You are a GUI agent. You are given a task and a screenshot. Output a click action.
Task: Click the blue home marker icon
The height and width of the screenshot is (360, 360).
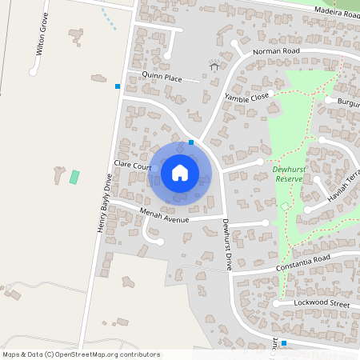tap(180, 172)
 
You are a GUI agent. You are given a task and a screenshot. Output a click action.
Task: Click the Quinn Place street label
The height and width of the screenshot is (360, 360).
tap(162, 78)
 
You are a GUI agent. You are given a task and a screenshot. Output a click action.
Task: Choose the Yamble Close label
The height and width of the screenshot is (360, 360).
tap(246, 97)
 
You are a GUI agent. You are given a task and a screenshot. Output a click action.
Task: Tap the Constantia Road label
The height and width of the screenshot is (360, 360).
tap(302, 259)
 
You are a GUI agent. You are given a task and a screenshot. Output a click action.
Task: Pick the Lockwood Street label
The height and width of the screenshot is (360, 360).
tap(323, 305)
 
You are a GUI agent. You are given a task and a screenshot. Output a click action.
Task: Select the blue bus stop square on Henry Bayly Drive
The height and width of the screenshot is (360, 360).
tap(118, 86)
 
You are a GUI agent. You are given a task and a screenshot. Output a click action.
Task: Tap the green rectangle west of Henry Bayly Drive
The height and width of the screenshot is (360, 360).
tap(75, 177)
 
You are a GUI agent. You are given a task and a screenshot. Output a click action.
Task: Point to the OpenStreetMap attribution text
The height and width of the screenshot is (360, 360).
tap(81, 354)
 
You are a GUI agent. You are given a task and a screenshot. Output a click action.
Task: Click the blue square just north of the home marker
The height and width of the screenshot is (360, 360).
tap(190, 142)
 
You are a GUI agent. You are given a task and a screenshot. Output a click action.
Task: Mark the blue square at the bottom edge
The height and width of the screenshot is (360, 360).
tap(283, 343)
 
